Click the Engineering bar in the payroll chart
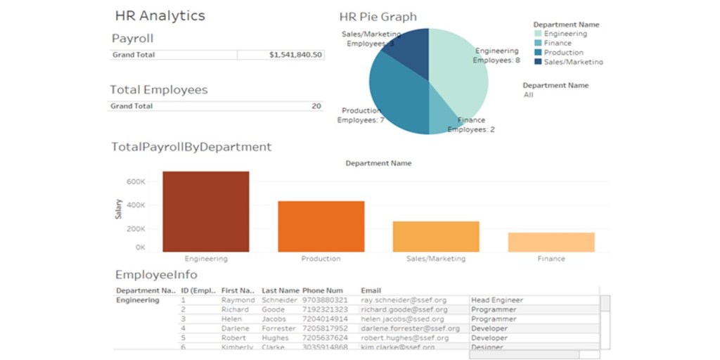coord(205,211)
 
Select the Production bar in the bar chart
coord(321,226)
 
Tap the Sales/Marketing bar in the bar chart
coord(436,236)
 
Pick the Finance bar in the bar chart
coord(551,242)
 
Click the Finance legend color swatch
coord(538,43)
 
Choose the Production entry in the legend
coord(563,52)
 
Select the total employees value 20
coord(316,106)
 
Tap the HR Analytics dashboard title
coord(160,15)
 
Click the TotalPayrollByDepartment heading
coord(191,147)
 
